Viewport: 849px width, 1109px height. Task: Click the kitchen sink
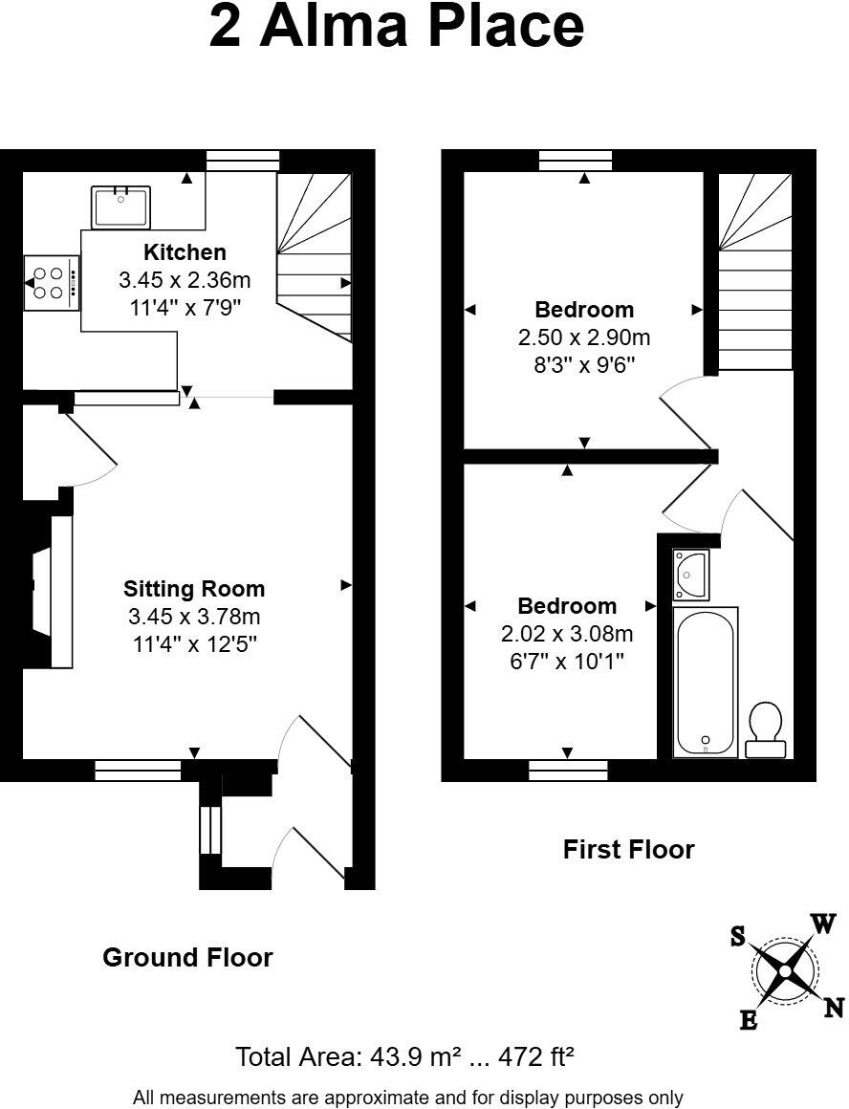coord(120,207)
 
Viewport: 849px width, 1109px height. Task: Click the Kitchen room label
coord(185,252)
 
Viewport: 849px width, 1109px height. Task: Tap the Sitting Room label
coord(194,589)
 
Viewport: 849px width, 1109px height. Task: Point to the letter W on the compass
coord(824,923)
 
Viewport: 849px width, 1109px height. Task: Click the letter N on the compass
coord(834,1007)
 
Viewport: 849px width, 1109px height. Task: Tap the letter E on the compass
coord(749,1021)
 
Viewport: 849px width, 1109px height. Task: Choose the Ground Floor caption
coord(187,957)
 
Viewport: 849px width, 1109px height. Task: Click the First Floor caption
coord(628,849)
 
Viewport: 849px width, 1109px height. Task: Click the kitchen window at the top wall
coord(243,161)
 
